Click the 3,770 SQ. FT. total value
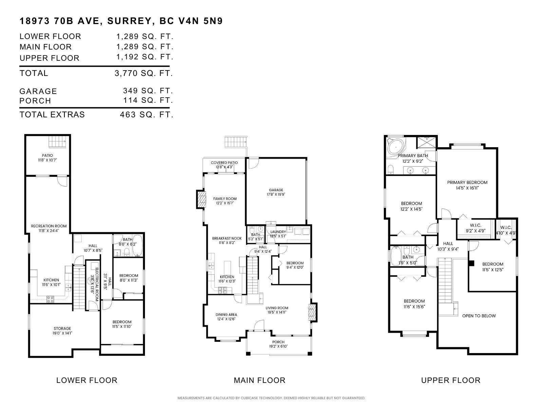pyautogui.click(x=144, y=73)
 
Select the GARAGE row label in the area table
pyautogui.click(x=38, y=91)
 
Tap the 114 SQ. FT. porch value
pyautogui.click(x=148, y=100)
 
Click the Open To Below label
pyautogui.click(x=479, y=316)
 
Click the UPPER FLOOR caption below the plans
pyautogui.click(x=451, y=380)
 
